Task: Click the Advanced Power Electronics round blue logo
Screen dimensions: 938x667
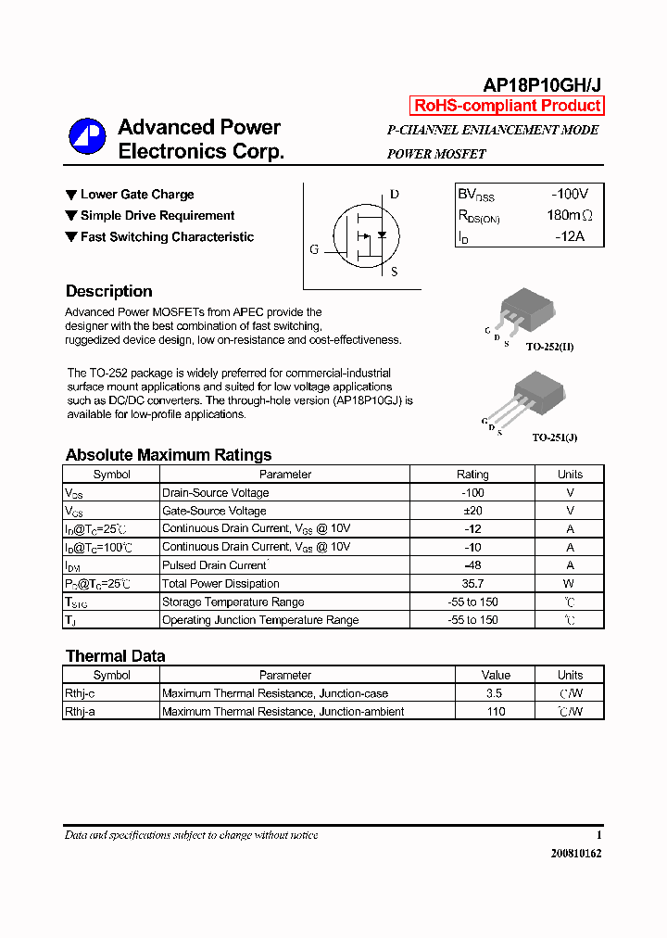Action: tap(87, 137)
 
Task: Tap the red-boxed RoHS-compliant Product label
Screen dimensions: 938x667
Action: tap(507, 106)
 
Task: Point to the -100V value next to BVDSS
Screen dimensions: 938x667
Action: tap(569, 195)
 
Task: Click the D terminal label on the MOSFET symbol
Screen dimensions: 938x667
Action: tap(394, 195)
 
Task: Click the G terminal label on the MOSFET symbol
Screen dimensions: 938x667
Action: tap(314, 249)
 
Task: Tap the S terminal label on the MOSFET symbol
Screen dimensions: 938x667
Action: tap(394, 272)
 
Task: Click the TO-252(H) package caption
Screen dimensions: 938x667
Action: tap(549, 347)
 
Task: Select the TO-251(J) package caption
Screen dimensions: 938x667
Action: tap(555, 437)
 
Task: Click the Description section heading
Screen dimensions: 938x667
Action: tap(108, 291)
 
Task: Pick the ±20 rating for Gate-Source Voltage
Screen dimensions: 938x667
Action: tap(472, 511)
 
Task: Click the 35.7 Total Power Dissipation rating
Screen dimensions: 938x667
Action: tap(472, 584)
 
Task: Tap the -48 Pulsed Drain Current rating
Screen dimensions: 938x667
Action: tap(472, 565)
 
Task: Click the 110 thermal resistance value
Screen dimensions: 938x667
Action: tap(497, 712)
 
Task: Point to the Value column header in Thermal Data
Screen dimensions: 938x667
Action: tap(497, 676)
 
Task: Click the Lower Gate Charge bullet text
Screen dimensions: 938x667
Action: tap(137, 195)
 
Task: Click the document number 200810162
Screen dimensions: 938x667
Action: tap(576, 854)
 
